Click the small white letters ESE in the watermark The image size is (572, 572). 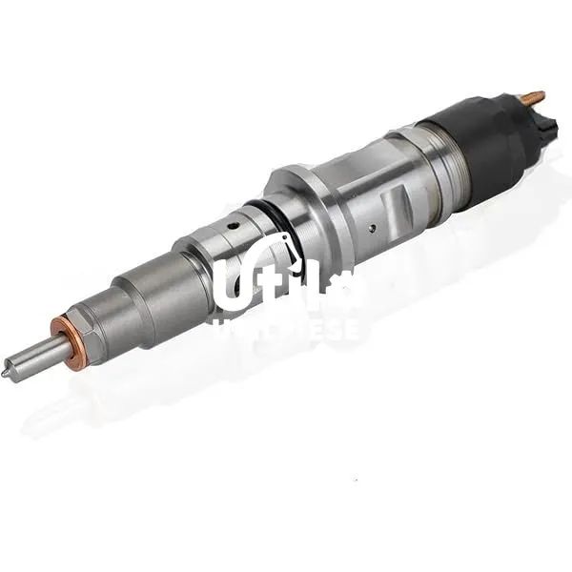(333, 329)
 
